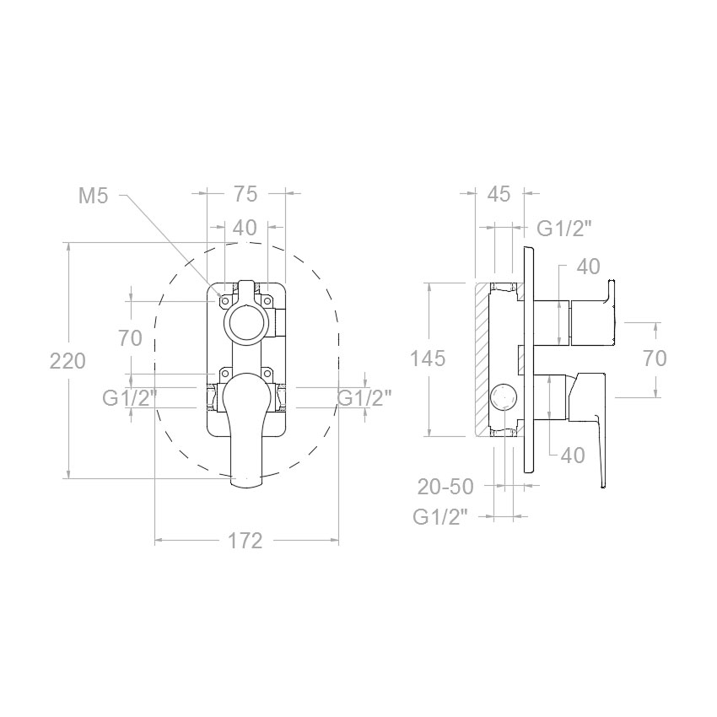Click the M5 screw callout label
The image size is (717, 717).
click(94, 197)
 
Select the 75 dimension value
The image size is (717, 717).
click(246, 194)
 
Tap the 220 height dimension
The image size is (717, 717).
click(67, 361)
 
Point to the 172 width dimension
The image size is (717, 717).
click(245, 541)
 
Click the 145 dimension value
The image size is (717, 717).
click(427, 358)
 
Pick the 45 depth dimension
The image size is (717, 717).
click(499, 194)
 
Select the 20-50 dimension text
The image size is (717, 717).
click(445, 487)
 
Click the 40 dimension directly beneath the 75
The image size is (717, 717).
click(245, 228)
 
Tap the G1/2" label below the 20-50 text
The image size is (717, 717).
click(441, 517)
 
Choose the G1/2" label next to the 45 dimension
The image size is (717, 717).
click(564, 229)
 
